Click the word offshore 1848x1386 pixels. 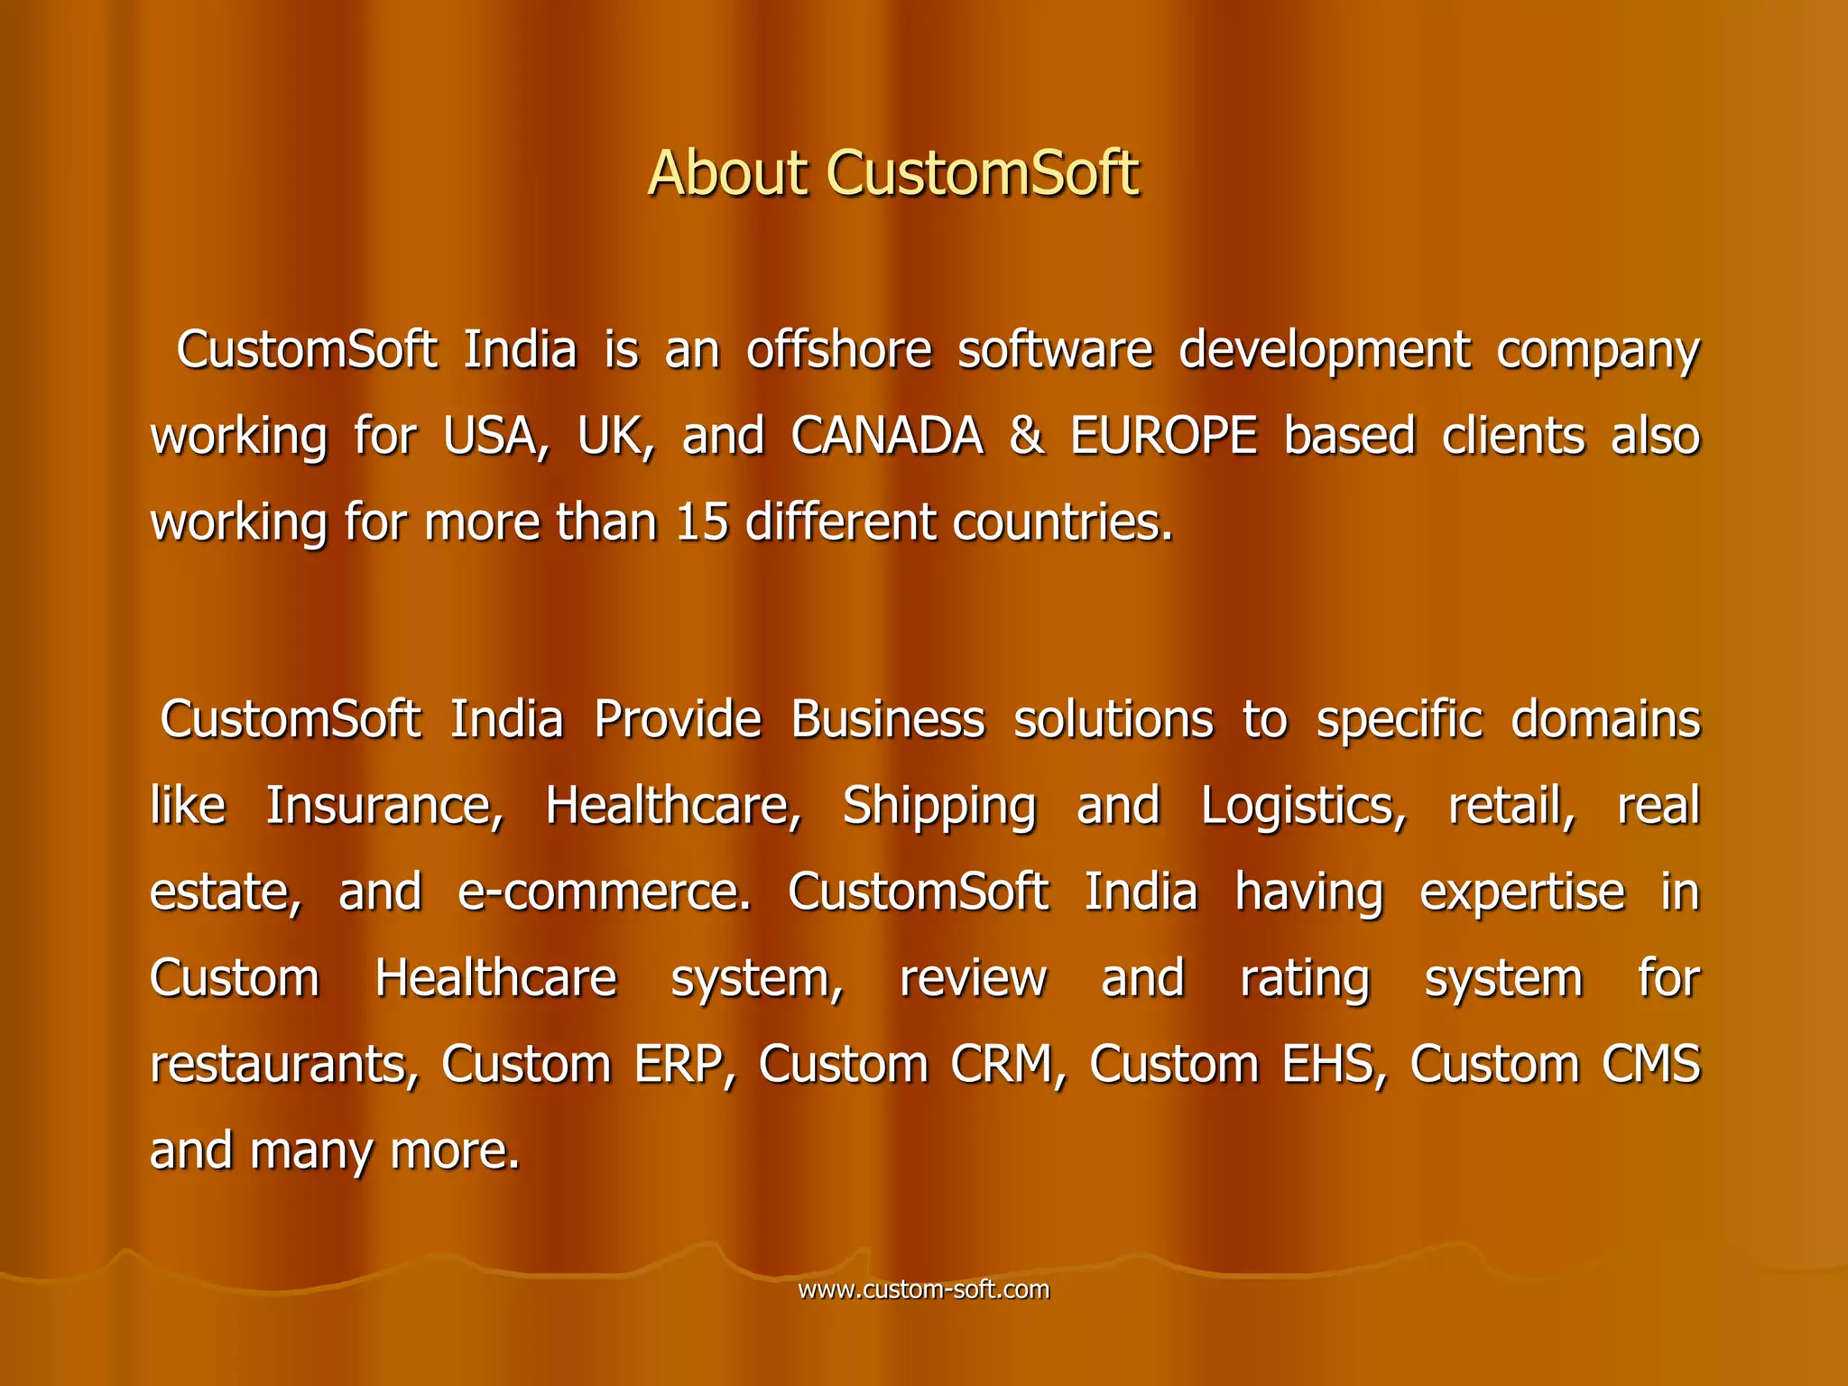pyautogui.click(x=838, y=350)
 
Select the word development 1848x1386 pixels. pyautogui.click(x=1325, y=350)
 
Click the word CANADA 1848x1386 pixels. pyautogui.click(x=887, y=437)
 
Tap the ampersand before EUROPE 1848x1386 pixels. pyautogui.click(x=1026, y=437)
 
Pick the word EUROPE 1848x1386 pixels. pyautogui.click(x=1164, y=437)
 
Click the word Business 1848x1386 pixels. pyautogui.click(x=888, y=720)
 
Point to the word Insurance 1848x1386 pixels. pyautogui.click(x=384, y=806)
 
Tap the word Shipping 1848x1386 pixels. pyautogui.click(x=939, y=806)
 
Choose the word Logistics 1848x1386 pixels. pyautogui.click(x=1303, y=806)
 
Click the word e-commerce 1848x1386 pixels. pyautogui.click(x=604, y=892)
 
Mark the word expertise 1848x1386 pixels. pyautogui.click(x=1522, y=892)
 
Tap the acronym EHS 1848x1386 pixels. pyautogui.click(x=1335, y=1065)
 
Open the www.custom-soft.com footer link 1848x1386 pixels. pyautogui.click(x=924, y=1289)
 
